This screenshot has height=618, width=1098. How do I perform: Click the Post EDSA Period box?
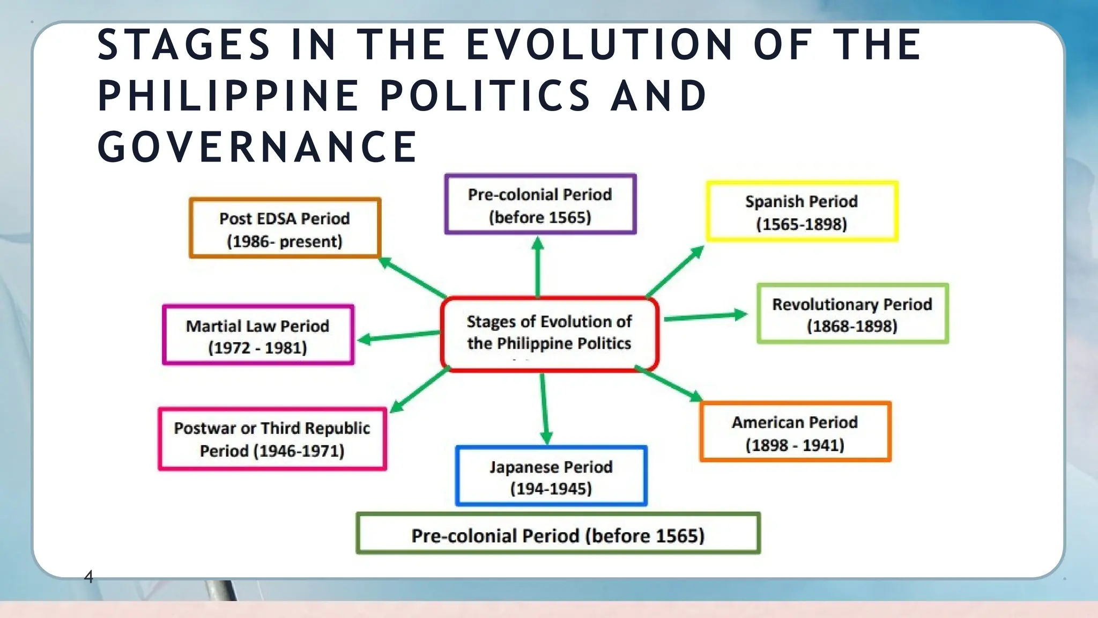285,229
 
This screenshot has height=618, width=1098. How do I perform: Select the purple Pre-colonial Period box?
540,204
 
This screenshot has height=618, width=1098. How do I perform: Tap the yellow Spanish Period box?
802,212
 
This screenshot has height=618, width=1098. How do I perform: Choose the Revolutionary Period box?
852,314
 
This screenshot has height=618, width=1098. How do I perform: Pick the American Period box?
795,432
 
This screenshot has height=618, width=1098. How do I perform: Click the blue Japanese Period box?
551,476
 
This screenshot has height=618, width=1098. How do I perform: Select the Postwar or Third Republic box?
272,439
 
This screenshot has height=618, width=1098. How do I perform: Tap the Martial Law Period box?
258,335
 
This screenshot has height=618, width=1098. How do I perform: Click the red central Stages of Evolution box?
549,333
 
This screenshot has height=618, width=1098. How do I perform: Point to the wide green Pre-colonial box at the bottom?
558,534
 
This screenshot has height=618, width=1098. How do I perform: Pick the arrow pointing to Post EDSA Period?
412,277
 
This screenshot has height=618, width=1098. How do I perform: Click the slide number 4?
88,577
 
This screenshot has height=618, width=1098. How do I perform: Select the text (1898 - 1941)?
795,445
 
